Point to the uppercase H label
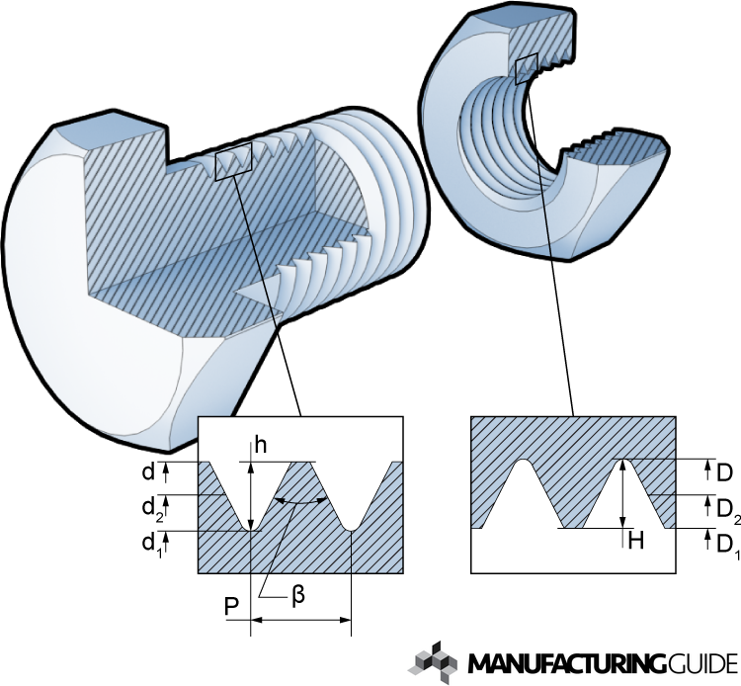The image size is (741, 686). [x=636, y=541]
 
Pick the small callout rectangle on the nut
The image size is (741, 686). [x=527, y=68]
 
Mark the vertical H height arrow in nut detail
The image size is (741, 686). [x=622, y=494]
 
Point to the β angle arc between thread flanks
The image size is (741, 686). [x=301, y=502]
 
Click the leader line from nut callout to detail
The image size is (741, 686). [x=550, y=247]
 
